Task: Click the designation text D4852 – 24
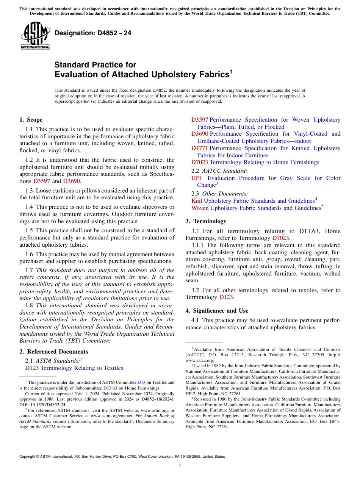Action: [x=93, y=33]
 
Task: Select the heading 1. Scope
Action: [x=31, y=120]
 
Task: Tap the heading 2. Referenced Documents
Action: [x=53, y=352]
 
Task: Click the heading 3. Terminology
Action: [x=206, y=221]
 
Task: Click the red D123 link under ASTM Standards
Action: [x=32, y=368]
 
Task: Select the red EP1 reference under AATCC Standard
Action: [x=196, y=178]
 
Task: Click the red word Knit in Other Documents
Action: [x=197, y=201]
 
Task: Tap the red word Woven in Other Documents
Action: [x=200, y=208]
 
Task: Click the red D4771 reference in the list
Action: [x=200, y=148]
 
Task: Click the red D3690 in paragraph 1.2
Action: [x=71, y=181]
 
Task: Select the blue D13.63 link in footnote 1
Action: [x=110, y=388]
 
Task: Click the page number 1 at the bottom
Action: [x=180, y=465]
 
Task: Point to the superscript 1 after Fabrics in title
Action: [x=231, y=71]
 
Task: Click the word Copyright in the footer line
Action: [x=29, y=457]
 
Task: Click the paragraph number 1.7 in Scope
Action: [x=29, y=270]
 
